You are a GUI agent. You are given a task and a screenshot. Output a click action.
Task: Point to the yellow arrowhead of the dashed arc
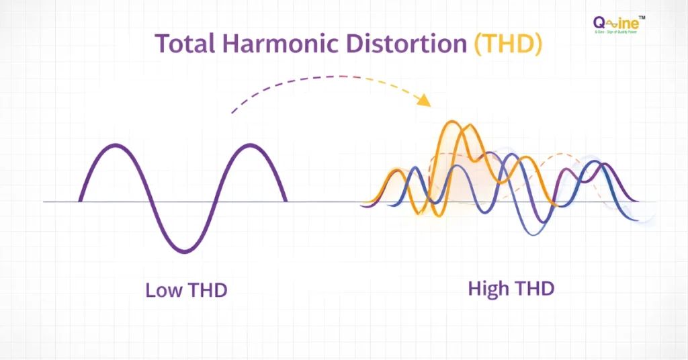[x=423, y=101]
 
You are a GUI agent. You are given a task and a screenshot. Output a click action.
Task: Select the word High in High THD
[x=487, y=289]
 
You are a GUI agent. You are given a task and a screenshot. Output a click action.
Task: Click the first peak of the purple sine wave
[x=116, y=145]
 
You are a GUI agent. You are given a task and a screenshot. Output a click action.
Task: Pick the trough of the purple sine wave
[x=183, y=252]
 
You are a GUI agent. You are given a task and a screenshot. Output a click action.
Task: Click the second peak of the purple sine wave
[x=251, y=145]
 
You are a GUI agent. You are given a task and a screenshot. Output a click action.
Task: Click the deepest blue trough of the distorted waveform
[x=531, y=234]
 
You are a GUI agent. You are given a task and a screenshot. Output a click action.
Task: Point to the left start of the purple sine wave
[x=80, y=200]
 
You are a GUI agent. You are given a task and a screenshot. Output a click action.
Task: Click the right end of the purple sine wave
[x=286, y=200]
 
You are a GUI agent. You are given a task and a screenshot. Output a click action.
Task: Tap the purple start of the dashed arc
[x=232, y=112]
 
